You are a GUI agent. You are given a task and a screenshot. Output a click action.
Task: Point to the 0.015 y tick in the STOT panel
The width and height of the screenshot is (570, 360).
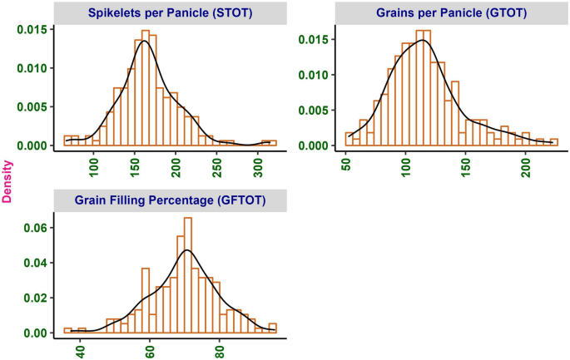(35, 30)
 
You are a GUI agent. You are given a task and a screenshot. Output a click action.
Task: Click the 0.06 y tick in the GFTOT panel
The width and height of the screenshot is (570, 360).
(38, 227)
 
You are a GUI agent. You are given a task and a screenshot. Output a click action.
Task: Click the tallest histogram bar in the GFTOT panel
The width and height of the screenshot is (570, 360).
(188, 274)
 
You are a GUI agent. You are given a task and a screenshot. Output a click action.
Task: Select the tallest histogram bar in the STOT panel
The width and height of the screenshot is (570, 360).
(146, 87)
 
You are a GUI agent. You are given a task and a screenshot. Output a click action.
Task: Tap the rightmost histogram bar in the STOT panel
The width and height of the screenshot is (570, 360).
(269, 143)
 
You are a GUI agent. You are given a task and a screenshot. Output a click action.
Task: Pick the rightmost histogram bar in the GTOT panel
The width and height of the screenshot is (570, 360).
(554, 142)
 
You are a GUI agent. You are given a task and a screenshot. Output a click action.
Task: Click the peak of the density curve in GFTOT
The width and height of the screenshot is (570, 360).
(187, 249)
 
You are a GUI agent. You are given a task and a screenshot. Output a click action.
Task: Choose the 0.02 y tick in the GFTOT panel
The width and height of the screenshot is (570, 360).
(38, 298)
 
